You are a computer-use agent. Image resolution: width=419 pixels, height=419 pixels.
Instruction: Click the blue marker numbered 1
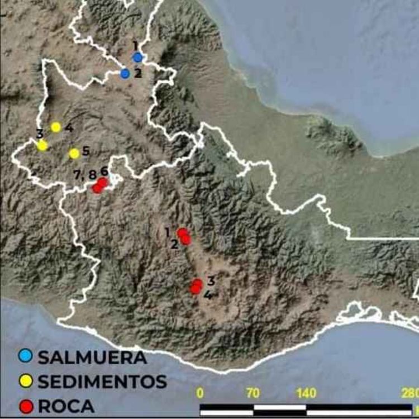[x=138, y=57]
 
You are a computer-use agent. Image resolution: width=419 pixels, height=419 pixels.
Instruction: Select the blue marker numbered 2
[x=125, y=73]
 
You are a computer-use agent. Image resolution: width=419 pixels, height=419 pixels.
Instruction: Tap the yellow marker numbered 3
[x=42, y=145]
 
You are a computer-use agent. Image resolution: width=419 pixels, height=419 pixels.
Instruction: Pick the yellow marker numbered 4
[x=56, y=127]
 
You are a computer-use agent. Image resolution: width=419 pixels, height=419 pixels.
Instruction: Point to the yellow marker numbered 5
[x=74, y=153]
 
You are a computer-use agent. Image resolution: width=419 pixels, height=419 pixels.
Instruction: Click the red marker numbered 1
[x=182, y=233]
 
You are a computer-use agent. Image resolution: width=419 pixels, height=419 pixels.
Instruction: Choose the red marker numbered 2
[x=187, y=240]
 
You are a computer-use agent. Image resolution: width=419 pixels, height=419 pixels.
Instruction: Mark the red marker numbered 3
[x=197, y=284]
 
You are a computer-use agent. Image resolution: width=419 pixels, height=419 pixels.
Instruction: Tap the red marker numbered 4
[x=195, y=289]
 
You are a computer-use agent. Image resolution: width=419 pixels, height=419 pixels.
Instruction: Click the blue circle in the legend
[x=25, y=356]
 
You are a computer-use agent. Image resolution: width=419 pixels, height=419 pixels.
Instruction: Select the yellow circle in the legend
[x=25, y=381]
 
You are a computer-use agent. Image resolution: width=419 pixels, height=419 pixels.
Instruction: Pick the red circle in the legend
[x=25, y=406]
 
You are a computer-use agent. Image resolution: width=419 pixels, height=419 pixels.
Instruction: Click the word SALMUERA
[x=92, y=357]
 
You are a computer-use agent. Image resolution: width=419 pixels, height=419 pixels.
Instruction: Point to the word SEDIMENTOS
[x=102, y=382]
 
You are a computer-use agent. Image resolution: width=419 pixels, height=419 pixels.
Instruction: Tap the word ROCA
[x=66, y=407]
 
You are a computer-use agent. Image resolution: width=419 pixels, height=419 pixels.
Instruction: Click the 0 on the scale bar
[x=200, y=392]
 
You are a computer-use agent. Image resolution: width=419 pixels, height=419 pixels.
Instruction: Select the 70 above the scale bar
[x=253, y=392]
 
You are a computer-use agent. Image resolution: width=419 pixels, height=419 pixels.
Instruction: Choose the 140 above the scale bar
[x=306, y=392]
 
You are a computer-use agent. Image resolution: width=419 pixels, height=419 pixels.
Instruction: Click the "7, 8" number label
[x=85, y=174]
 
